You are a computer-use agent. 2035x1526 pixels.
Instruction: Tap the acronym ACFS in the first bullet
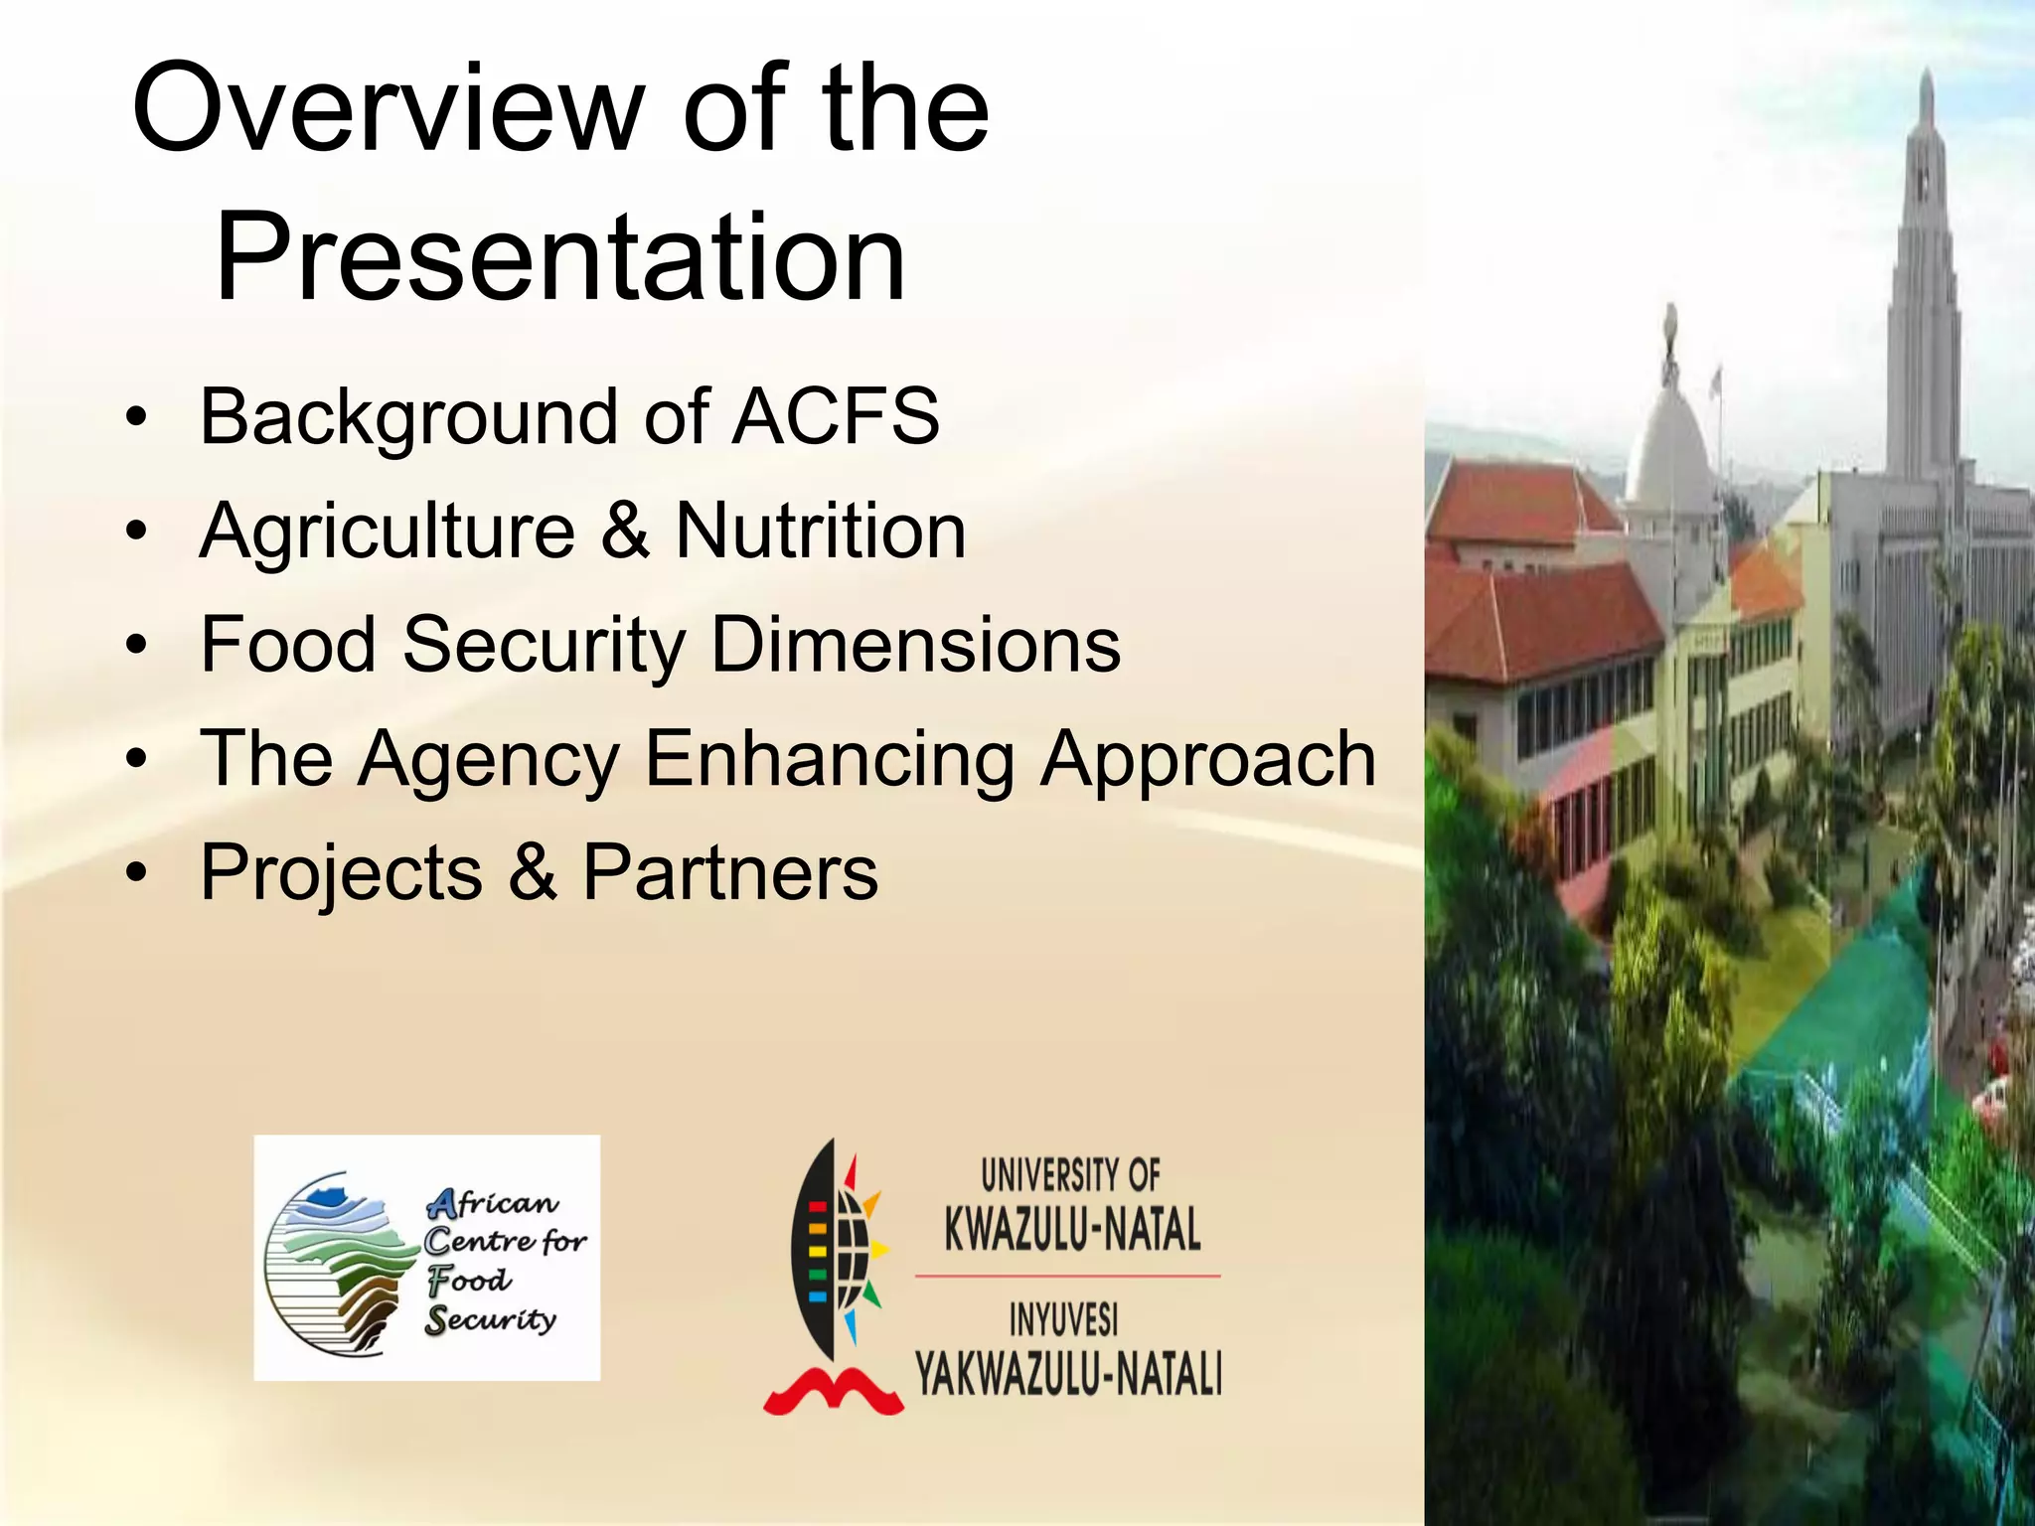tap(836, 416)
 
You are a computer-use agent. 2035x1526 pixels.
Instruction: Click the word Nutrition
tap(821, 532)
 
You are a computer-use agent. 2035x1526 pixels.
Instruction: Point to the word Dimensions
tap(916, 645)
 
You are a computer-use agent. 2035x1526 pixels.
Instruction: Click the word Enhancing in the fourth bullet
tap(830, 759)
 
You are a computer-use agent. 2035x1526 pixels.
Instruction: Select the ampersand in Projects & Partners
tap(533, 872)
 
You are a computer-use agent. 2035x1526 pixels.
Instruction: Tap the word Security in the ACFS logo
tap(491, 1320)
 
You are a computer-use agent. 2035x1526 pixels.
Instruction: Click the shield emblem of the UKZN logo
tap(827, 1252)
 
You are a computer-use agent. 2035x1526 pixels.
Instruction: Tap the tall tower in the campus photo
tap(1924, 298)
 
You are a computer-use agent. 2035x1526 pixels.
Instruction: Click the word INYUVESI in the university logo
tap(1064, 1320)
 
